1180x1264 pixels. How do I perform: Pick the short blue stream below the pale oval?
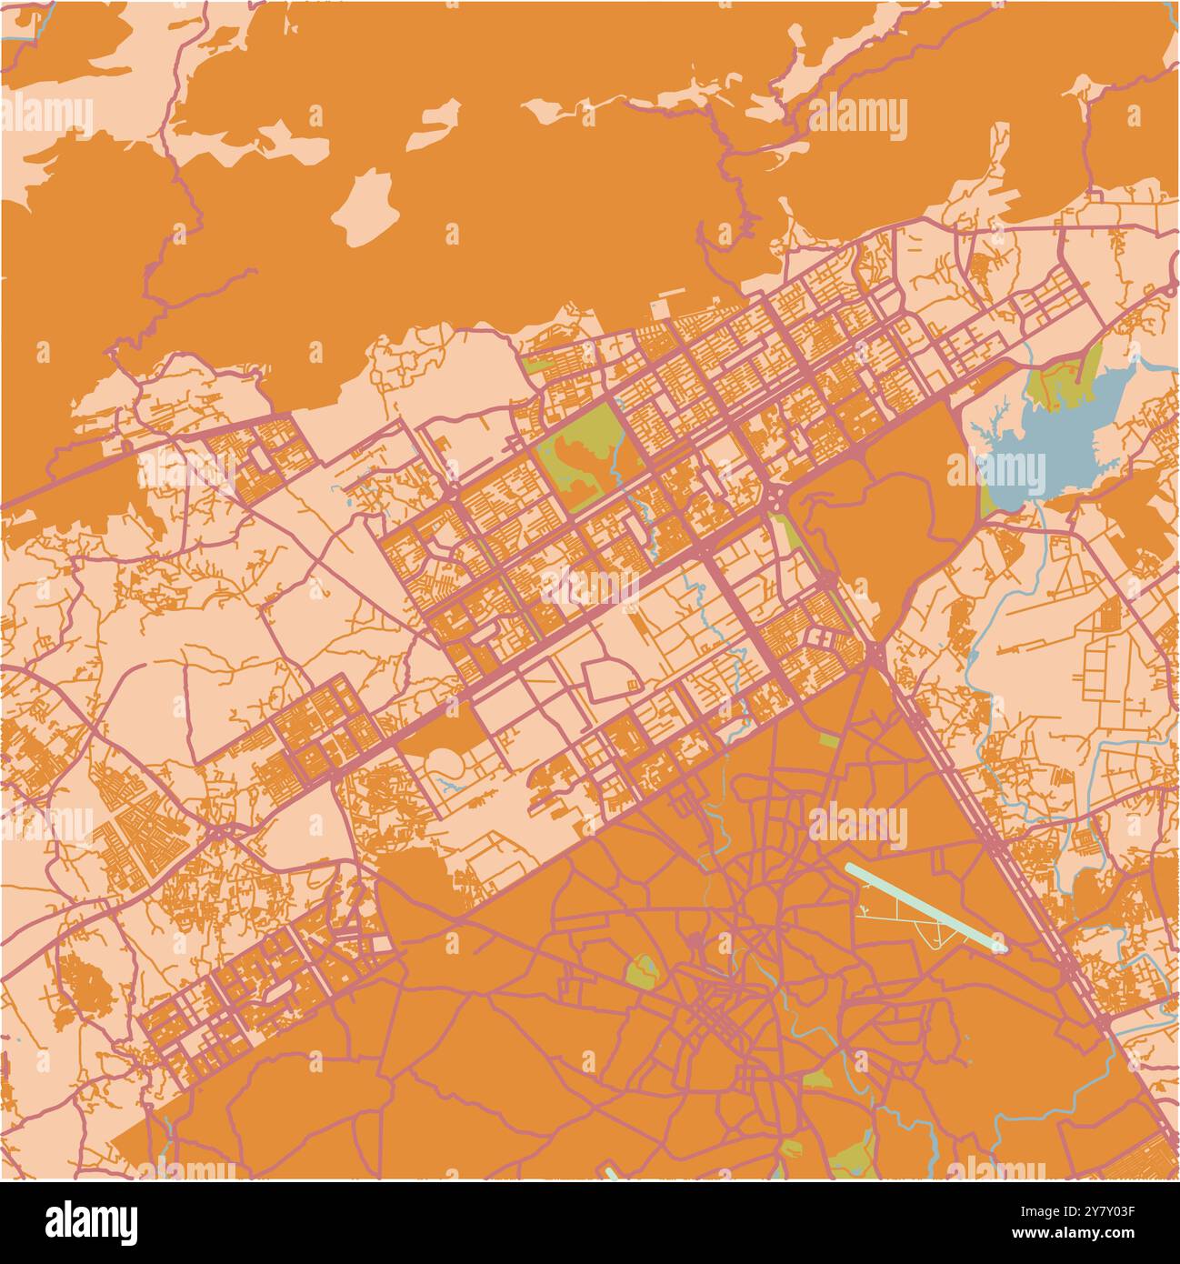click(447, 782)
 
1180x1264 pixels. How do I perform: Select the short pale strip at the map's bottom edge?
click(611, 1174)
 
